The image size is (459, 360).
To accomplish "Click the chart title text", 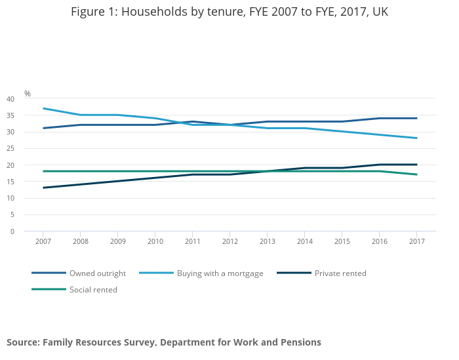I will (x=229, y=12).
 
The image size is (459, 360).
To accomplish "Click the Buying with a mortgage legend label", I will (x=220, y=273).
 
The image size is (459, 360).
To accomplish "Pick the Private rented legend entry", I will (x=340, y=273).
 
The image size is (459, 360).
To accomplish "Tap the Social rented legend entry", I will (x=93, y=290).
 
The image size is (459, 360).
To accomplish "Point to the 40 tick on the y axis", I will (x=10, y=99).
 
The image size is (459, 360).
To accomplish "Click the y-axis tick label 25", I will (x=10, y=148).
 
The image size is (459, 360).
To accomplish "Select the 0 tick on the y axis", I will (x=12, y=231).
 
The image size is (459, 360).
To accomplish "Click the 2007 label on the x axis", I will (x=43, y=241).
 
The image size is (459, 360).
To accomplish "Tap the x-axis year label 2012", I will (x=230, y=241).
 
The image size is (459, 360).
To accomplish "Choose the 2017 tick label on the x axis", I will (x=417, y=241).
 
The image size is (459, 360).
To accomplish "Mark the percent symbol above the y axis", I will (x=28, y=94).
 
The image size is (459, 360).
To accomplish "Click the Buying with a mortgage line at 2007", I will (x=43, y=108).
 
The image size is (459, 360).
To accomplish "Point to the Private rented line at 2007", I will (x=43, y=188).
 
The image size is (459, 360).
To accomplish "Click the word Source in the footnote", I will (x=23, y=342).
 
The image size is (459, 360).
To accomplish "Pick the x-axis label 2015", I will (x=342, y=241).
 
